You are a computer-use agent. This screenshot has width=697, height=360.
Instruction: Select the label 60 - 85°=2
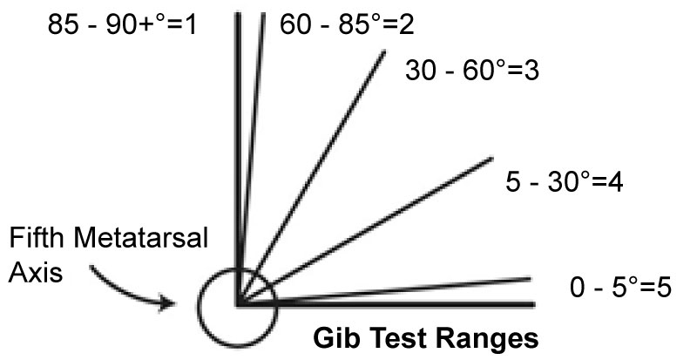(x=346, y=24)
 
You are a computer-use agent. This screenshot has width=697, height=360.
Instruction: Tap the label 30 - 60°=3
(x=473, y=69)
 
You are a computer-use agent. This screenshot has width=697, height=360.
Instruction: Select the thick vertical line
(x=236, y=131)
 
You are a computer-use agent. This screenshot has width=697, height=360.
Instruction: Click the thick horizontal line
(x=392, y=304)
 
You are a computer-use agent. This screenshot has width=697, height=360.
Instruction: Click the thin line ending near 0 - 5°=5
(x=401, y=289)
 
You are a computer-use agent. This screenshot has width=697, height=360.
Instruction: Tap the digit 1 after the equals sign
(x=193, y=24)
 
